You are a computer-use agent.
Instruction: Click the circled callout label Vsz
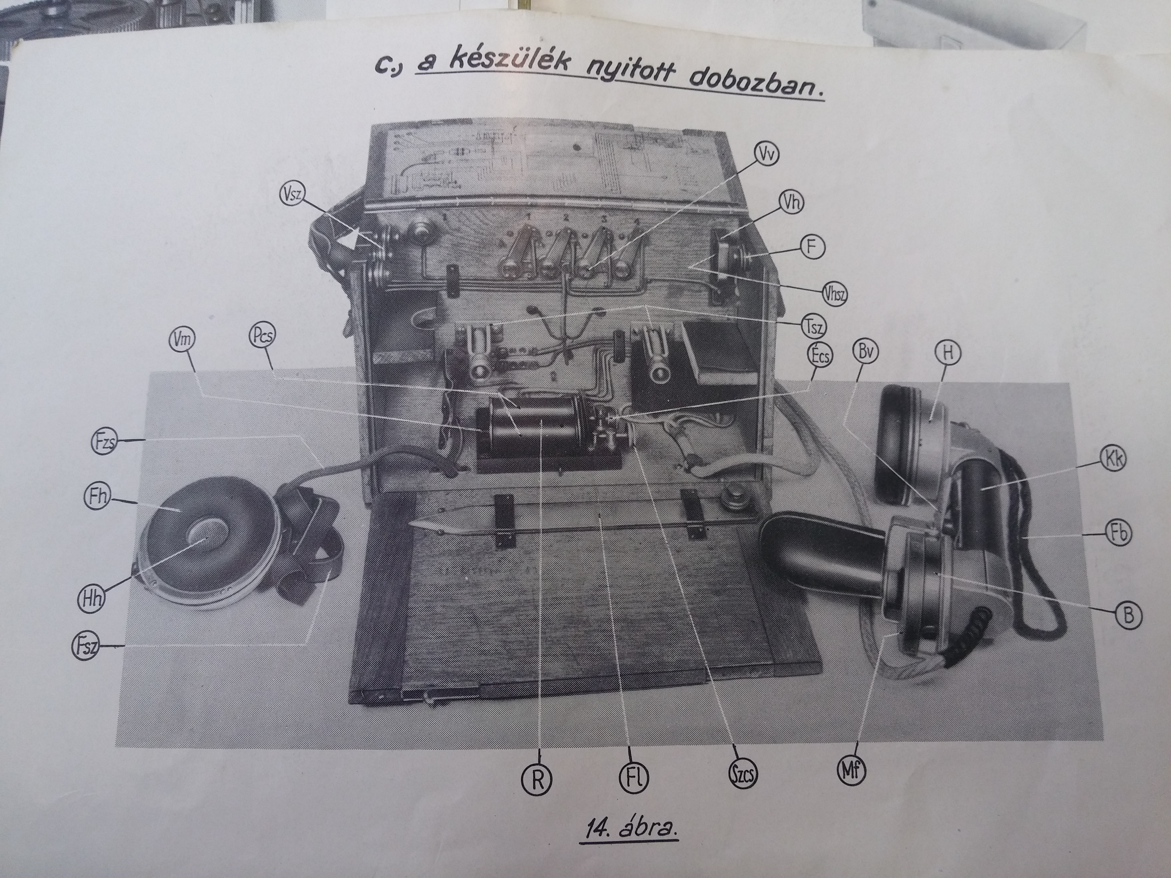pos(290,196)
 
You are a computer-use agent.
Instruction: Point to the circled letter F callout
pos(813,247)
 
